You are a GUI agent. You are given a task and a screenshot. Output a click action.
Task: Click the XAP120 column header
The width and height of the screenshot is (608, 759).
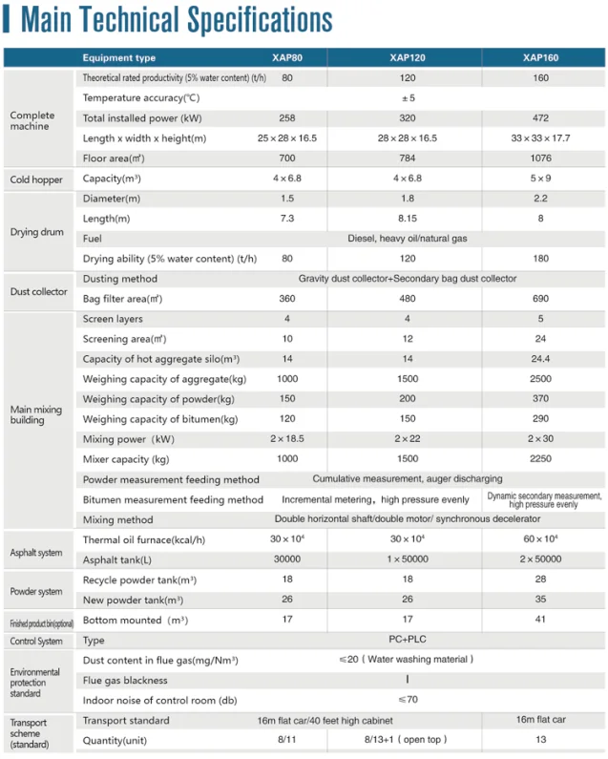click(x=407, y=57)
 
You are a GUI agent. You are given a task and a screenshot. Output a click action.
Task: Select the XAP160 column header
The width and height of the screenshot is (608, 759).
click(x=540, y=57)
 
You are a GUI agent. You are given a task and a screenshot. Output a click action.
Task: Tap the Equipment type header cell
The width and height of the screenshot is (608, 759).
click(x=119, y=58)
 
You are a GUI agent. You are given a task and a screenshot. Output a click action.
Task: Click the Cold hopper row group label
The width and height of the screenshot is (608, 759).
click(x=35, y=179)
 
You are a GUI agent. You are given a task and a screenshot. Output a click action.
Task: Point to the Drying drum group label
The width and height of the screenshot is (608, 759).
click(x=37, y=232)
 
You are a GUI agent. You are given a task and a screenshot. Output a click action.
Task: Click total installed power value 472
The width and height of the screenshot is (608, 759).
click(x=540, y=118)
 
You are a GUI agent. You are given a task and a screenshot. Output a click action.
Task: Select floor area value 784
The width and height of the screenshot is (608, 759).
click(x=407, y=158)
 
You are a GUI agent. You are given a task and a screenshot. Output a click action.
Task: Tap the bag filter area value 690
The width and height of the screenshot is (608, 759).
click(x=540, y=299)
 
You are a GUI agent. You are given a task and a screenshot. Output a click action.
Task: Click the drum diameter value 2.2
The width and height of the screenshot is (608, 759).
click(x=540, y=199)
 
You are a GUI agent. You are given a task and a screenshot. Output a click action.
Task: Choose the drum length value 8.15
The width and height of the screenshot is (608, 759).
click(x=407, y=219)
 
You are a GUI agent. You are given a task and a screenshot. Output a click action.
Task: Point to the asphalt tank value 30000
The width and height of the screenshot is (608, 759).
click(x=286, y=559)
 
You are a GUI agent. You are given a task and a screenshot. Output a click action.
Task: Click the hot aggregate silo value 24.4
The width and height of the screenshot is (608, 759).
click(x=540, y=359)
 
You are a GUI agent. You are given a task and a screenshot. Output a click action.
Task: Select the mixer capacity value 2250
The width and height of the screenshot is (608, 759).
click(x=540, y=458)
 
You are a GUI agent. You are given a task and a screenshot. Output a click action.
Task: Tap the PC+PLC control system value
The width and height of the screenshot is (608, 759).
click(x=407, y=640)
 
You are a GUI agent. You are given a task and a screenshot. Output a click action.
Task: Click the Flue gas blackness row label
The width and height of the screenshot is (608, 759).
click(x=125, y=680)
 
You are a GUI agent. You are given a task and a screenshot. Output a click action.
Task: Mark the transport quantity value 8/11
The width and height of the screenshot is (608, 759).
click(x=286, y=739)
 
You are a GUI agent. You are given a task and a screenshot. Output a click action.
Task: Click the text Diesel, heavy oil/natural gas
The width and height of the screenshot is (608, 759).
click(x=407, y=239)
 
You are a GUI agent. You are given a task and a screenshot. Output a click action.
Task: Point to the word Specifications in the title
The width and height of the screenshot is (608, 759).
click(x=258, y=20)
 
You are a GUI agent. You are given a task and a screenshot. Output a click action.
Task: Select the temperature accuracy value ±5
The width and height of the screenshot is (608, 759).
click(x=407, y=97)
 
